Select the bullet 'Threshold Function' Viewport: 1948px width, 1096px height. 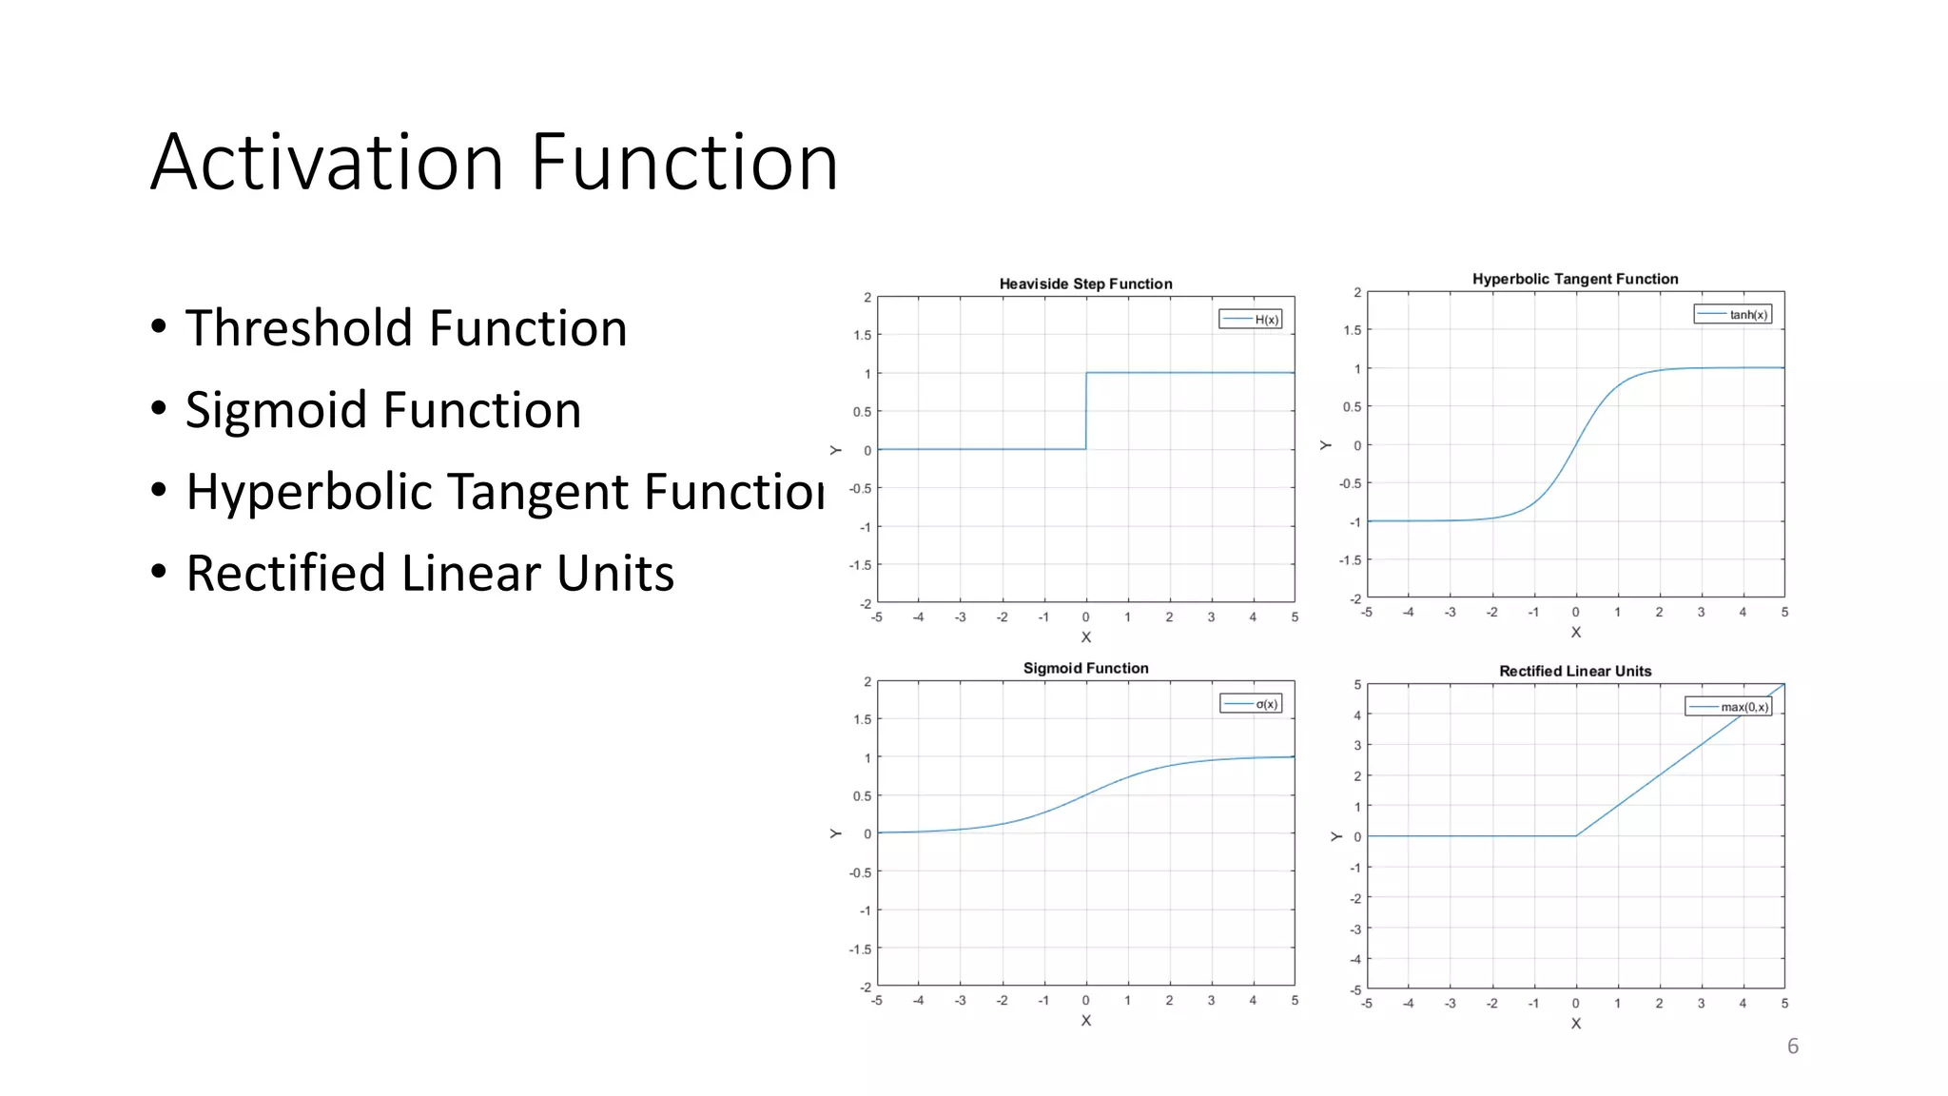405,328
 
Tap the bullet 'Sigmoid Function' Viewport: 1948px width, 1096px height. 382,410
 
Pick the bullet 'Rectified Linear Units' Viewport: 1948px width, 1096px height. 429,574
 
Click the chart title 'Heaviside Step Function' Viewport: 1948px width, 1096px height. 1085,284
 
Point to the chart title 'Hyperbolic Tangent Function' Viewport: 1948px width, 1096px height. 1575,279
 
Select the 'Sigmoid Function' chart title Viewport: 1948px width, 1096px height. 1085,668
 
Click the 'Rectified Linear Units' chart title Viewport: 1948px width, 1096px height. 1575,671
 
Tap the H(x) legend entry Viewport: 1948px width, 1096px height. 1251,320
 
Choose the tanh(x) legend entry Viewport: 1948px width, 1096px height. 1733,315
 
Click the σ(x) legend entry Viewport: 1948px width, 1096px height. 1252,704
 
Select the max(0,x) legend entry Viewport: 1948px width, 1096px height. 1728,707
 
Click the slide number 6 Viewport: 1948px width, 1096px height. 1793,1047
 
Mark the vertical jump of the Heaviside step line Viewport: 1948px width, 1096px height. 1086,411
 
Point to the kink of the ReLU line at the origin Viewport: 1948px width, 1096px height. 1576,836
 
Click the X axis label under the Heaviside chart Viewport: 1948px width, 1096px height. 1086,637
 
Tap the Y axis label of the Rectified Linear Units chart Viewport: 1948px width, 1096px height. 1336,836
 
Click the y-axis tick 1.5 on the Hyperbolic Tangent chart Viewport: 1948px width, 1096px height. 1353,330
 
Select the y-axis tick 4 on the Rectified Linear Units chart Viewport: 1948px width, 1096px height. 1357,715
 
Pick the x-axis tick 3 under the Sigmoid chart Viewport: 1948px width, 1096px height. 1211,1001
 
